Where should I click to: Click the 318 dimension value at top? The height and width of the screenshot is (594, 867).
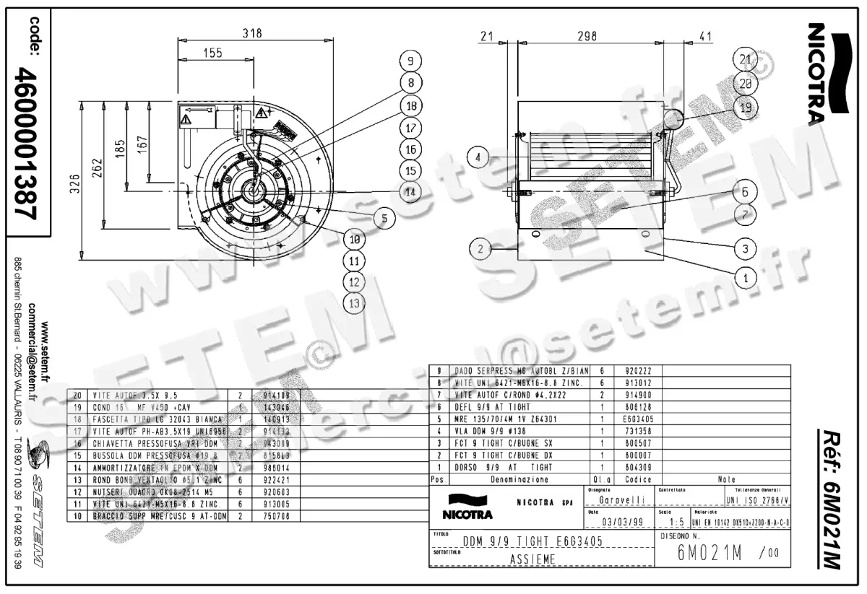coord(251,33)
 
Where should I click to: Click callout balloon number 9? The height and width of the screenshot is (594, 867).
coord(410,61)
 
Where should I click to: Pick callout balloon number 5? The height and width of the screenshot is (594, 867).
coord(384,217)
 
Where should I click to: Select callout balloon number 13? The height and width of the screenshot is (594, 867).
coord(353,303)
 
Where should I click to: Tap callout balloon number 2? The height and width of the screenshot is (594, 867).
coord(480,250)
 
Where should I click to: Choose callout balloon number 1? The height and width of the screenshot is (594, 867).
coord(746,275)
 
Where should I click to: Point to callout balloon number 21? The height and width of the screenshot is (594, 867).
coord(746,60)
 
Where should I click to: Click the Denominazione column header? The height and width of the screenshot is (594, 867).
coord(514,479)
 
